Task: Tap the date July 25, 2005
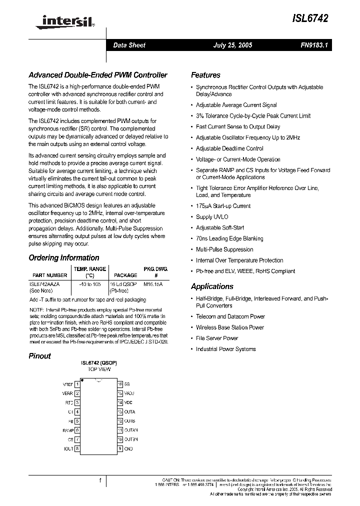tap(232, 45)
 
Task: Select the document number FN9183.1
tap(313, 45)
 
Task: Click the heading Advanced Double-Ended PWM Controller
tap(97, 75)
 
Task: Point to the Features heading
tap(205, 75)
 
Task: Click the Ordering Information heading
tap(64, 258)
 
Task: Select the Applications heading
tap(212, 286)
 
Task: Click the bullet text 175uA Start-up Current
tap(223, 206)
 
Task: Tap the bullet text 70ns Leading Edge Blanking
tap(229, 238)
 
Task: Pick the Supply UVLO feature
tap(212, 217)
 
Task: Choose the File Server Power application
tap(217, 338)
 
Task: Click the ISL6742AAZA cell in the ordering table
tap(45, 283)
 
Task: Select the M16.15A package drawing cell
tap(153, 283)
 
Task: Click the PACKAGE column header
tap(125, 275)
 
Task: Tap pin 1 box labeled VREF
tap(77, 384)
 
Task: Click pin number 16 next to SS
tap(120, 384)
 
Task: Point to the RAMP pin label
tap(68, 430)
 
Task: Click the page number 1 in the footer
tap(100, 480)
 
